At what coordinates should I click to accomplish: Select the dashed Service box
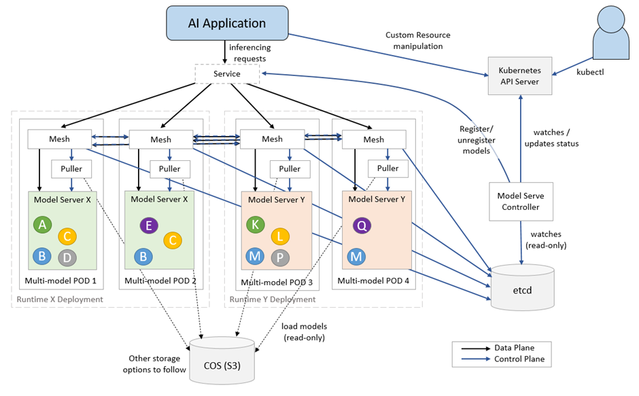226,74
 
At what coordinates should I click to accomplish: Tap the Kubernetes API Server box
520,76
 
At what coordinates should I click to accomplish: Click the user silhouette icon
610,35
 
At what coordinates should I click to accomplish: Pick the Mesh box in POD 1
58,139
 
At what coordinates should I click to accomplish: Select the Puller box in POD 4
387,168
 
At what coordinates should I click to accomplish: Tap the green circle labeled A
43,225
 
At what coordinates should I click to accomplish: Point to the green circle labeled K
256,225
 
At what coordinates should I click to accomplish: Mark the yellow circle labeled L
280,236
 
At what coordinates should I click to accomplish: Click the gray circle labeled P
279,257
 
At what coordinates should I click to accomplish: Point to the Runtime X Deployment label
60,299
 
